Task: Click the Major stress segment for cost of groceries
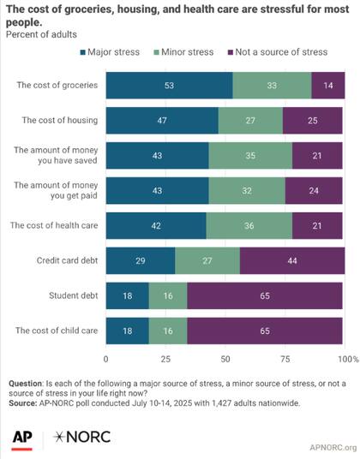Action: pyautogui.click(x=170, y=85)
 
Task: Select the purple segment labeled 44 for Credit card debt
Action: pyautogui.click(x=292, y=260)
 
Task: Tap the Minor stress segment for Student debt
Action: pyautogui.click(x=168, y=295)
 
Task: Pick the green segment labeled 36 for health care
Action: pyautogui.click(x=249, y=226)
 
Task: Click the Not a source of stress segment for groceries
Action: pyautogui.click(x=328, y=85)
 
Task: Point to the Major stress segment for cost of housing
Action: pyautogui.click(x=162, y=120)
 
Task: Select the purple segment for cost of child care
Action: pyautogui.click(x=265, y=331)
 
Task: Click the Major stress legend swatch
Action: pyautogui.click(x=82, y=52)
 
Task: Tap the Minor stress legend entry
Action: pyautogui.click(x=184, y=52)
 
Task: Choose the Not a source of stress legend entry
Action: pyautogui.click(x=278, y=52)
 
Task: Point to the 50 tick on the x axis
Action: pyautogui.click(x=225, y=359)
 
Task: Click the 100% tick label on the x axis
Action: pyautogui.click(x=348, y=359)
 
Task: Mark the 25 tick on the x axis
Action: pyautogui.click(x=165, y=359)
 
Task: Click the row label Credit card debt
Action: pyautogui.click(x=67, y=260)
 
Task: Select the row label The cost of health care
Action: pyautogui.click(x=54, y=225)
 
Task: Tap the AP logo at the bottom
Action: pyautogui.click(x=22, y=439)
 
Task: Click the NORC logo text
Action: pyautogui.click(x=81, y=437)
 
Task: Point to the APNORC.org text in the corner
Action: pyautogui.click(x=333, y=447)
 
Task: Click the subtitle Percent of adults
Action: pyautogui.click(x=41, y=34)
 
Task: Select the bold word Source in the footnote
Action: pyautogui.click(x=22, y=403)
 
